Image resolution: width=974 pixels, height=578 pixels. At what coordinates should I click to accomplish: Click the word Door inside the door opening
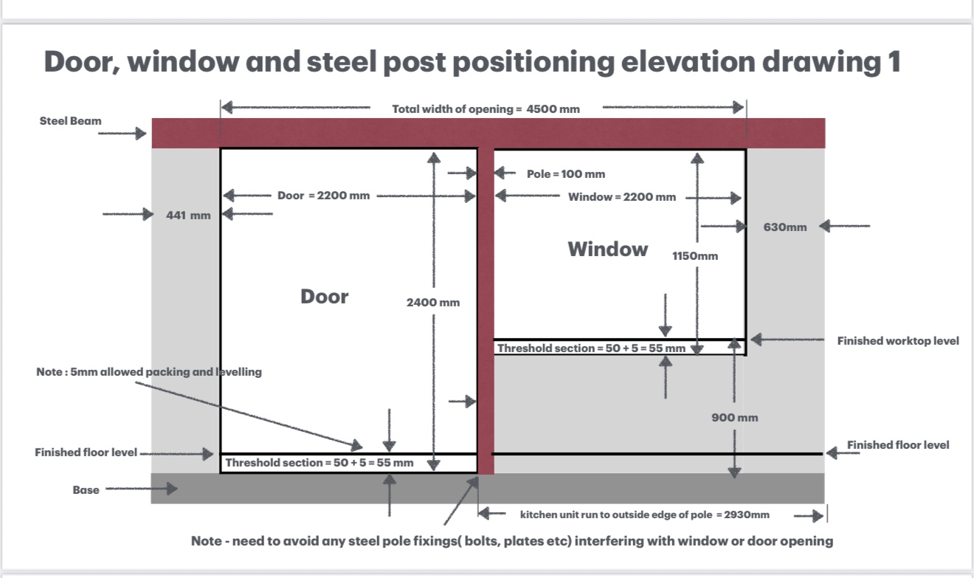(x=324, y=297)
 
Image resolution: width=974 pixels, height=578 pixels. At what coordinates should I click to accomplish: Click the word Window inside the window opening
(x=608, y=249)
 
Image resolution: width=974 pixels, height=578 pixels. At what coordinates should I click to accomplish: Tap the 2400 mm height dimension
(x=433, y=302)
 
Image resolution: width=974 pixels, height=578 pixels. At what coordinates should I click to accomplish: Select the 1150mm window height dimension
(x=694, y=256)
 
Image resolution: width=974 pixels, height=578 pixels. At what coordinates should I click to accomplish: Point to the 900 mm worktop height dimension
(x=734, y=417)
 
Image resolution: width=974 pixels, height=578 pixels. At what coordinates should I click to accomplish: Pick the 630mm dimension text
(x=785, y=227)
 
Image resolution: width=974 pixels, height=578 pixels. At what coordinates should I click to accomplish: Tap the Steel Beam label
(x=71, y=121)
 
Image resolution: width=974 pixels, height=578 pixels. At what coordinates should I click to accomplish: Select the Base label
(x=86, y=489)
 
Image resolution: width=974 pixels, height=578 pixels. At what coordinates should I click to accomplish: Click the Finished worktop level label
(x=898, y=341)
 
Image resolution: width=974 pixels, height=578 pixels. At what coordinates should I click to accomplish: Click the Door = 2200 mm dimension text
(x=323, y=196)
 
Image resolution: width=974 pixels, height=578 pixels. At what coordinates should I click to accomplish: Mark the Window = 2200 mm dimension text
(x=621, y=197)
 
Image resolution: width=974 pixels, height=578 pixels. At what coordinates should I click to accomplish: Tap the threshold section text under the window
(x=591, y=348)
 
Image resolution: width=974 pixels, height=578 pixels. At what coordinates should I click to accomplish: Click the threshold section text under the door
(x=319, y=463)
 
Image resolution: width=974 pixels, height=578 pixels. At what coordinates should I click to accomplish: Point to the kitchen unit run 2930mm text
(x=644, y=515)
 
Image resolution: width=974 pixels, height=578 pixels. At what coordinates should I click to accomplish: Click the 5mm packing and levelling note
(x=149, y=372)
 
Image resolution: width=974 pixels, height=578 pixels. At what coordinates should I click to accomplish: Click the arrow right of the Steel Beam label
(x=122, y=134)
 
